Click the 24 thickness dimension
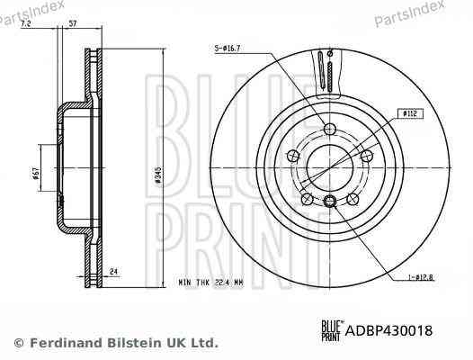click(x=115, y=270)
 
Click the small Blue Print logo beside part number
click(x=330, y=329)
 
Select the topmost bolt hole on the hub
click(x=330, y=129)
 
